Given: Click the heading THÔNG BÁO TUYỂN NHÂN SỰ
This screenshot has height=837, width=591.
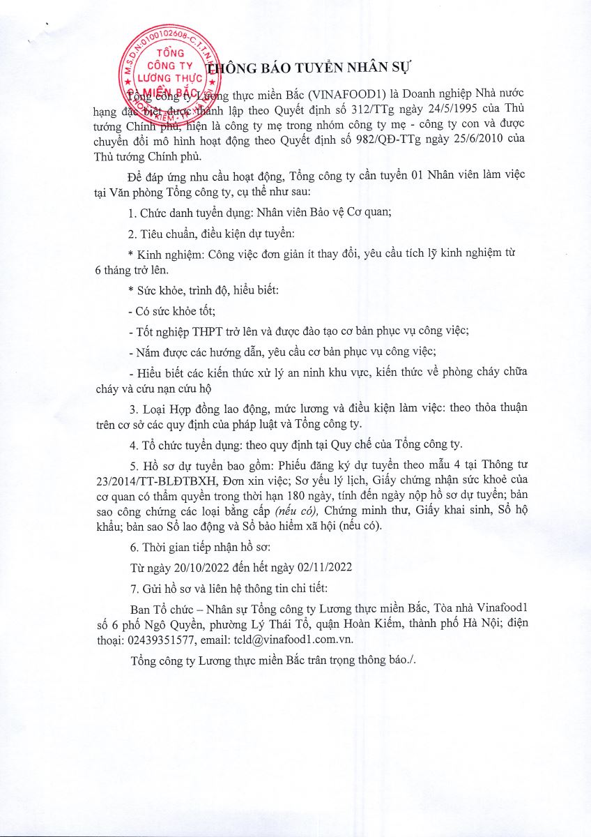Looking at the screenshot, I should tap(311, 68).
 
